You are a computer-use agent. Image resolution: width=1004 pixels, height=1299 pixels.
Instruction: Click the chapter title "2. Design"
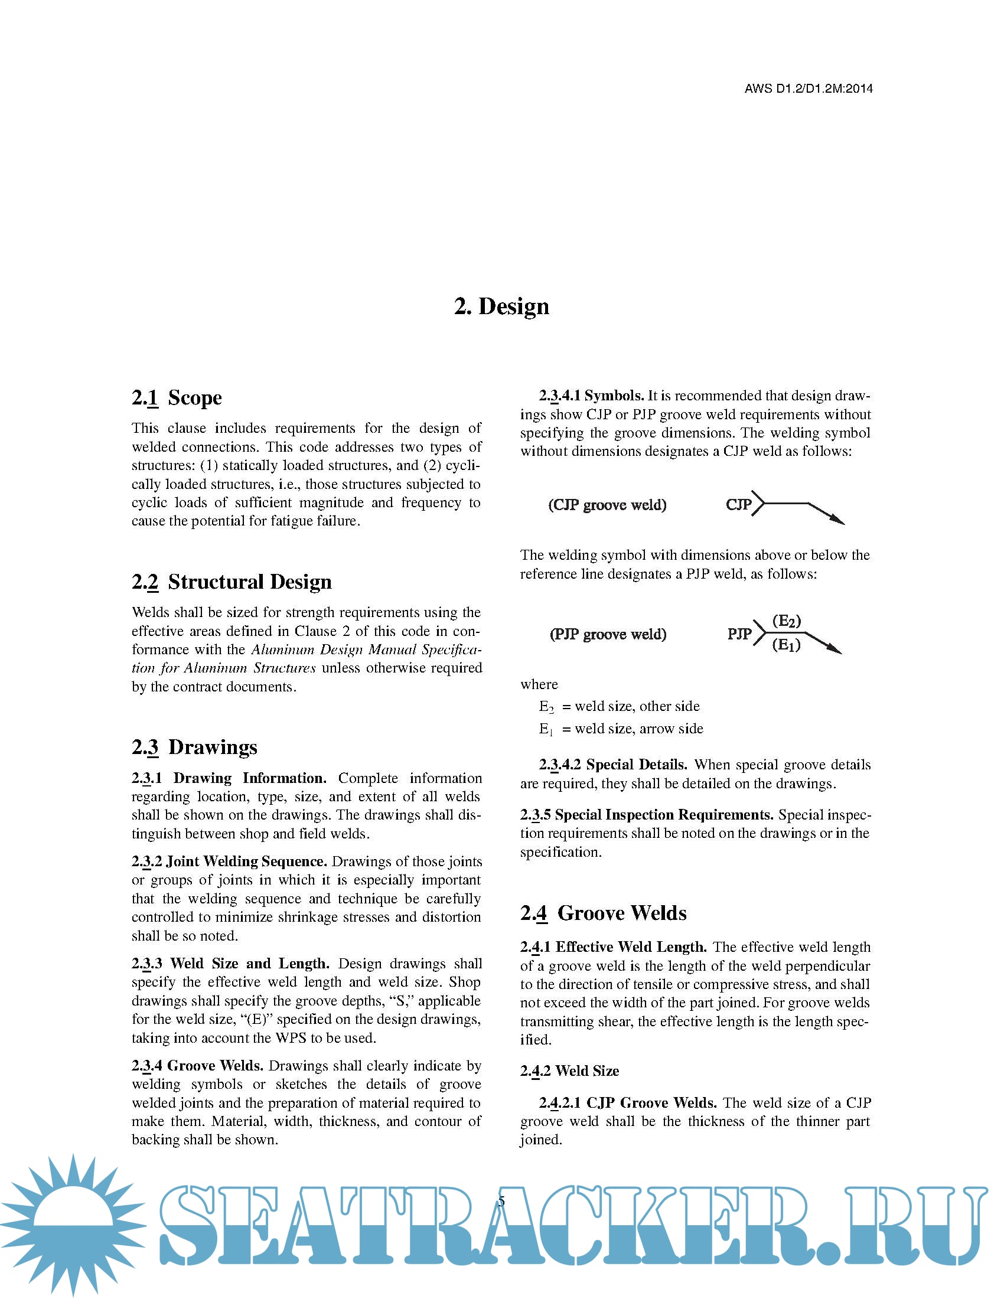coord(501,306)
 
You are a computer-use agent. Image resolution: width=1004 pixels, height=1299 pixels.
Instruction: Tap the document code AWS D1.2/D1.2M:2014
coord(809,89)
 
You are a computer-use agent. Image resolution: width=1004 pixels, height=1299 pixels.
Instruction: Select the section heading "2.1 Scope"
coord(177,397)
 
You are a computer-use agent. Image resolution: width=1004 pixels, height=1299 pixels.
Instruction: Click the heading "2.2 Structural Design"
coord(232,582)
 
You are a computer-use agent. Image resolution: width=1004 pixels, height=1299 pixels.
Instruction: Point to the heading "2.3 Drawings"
coord(194,747)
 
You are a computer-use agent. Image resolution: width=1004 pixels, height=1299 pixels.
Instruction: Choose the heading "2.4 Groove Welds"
coord(603,913)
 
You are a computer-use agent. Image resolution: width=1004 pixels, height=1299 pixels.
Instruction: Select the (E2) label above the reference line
coord(786,622)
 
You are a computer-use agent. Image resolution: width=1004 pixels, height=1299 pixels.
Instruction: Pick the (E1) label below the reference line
coord(786,644)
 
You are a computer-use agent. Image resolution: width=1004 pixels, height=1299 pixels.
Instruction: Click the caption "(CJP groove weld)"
coord(607,505)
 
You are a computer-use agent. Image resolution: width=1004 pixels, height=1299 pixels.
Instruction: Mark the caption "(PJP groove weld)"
coord(608,634)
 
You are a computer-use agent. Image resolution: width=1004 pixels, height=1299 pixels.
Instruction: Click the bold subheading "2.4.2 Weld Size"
coord(569,1071)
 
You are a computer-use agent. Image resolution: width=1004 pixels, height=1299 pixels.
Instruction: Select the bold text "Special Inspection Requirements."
coord(664,815)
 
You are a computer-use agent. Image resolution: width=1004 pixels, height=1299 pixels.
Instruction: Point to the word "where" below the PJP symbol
coord(539,684)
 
